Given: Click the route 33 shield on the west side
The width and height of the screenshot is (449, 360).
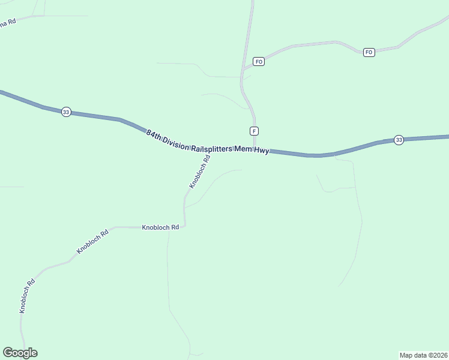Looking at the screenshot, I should pyautogui.click(x=66, y=112).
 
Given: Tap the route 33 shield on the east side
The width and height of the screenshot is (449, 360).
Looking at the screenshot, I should pyautogui.click(x=399, y=140).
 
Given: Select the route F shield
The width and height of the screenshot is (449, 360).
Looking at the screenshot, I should pyautogui.click(x=255, y=131).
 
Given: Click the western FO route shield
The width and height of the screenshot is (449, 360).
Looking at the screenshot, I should pyautogui.click(x=259, y=62).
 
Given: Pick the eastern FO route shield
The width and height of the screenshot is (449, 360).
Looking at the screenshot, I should pyautogui.click(x=369, y=52).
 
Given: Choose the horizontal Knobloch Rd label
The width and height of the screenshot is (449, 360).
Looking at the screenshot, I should pyautogui.click(x=160, y=227).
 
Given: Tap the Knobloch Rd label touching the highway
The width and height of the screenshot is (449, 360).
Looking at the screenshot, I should pyautogui.click(x=200, y=172).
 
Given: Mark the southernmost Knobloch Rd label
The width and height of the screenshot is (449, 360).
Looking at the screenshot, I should pyautogui.click(x=27, y=296).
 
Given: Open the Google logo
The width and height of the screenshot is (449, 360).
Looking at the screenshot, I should pyautogui.click(x=20, y=353).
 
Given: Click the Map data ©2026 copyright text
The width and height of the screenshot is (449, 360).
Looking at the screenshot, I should pyautogui.click(x=423, y=355).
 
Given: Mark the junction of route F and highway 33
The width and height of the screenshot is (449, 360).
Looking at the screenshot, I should pyautogui.click(x=256, y=150).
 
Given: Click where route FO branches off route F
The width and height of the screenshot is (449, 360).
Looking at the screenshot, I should pyautogui.click(x=243, y=70).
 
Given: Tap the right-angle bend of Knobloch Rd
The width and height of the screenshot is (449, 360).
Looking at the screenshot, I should pyautogui.click(x=184, y=226).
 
